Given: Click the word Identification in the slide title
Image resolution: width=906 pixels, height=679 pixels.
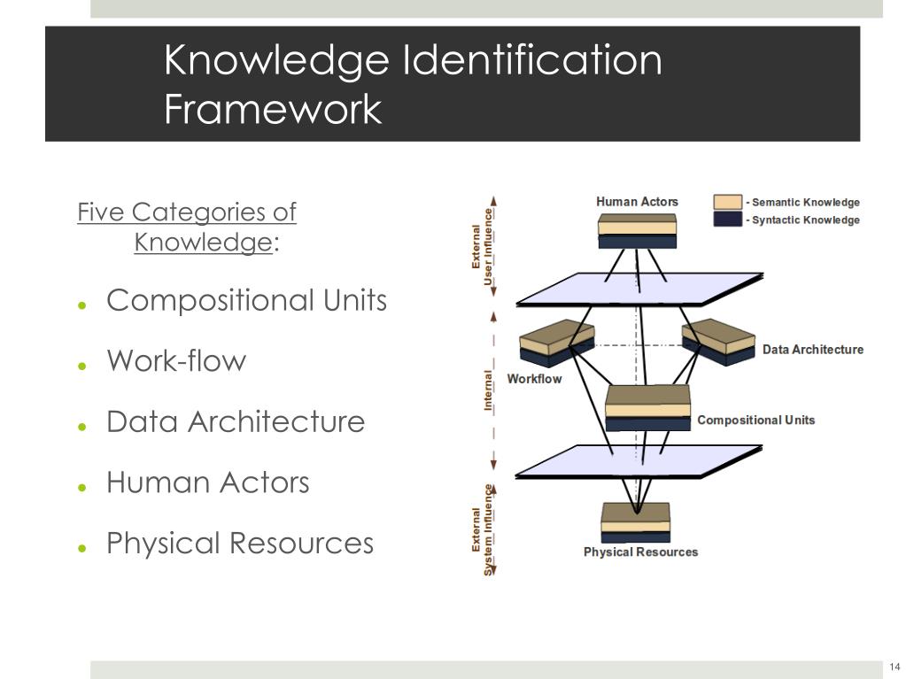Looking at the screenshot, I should tap(531, 62).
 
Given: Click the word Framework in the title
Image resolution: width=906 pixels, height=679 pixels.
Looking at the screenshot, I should tap(273, 111).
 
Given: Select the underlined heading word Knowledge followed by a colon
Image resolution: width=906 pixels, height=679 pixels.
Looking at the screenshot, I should tap(203, 242).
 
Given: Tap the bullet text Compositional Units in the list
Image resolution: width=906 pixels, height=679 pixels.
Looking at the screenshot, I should tap(246, 301).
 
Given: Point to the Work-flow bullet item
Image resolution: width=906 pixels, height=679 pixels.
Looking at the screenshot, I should tap(176, 361).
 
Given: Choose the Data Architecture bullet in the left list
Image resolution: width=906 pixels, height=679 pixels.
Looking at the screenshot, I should tap(236, 421).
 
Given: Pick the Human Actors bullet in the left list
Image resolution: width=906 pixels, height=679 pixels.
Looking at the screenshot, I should tap(208, 482).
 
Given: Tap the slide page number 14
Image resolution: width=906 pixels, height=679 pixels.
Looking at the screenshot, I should tap(894, 667).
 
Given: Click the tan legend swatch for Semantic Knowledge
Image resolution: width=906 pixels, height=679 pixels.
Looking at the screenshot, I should tap(727, 203).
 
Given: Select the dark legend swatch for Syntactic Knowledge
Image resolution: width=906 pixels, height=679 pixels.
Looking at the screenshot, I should tap(727, 220).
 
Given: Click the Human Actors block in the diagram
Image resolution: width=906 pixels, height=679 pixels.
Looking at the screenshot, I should tap(637, 229).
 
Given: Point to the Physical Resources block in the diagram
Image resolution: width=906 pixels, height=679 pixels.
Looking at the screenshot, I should tap(635, 522).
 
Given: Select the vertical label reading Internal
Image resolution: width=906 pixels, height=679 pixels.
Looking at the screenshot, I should tap(488, 390).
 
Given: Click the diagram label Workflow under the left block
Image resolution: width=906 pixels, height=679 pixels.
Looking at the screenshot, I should tap(534, 379).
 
